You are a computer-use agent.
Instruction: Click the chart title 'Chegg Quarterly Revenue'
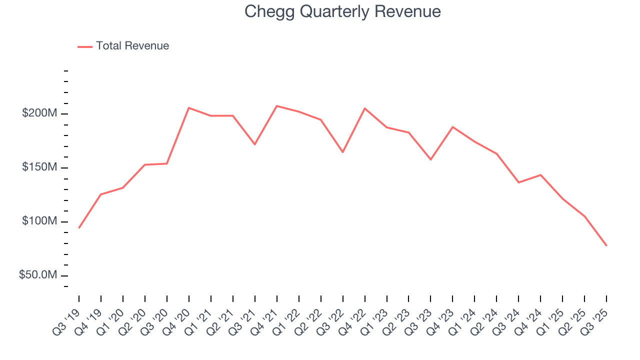pyautogui.click(x=342, y=11)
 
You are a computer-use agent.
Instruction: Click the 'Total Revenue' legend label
pyautogui.click(x=132, y=46)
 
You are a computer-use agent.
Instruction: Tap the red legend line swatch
pyautogui.click(x=85, y=46)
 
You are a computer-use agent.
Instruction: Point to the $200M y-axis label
pyautogui.click(x=39, y=113)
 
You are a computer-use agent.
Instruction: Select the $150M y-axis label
pyautogui.click(x=39, y=167)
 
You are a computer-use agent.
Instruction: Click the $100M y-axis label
pyautogui.click(x=39, y=221)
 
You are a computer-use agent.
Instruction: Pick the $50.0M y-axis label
pyautogui.click(x=38, y=275)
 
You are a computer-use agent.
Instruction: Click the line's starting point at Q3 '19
pyautogui.click(x=79, y=228)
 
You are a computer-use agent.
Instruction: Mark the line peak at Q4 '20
pyautogui.click(x=189, y=107)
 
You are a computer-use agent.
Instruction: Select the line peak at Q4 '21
pyautogui.click(x=277, y=106)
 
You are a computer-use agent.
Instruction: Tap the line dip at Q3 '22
pyautogui.click(x=343, y=152)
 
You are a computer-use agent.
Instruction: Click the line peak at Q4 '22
pyautogui.click(x=365, y=108)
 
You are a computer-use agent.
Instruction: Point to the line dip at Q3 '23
pyautogui.click(x=431, y=159)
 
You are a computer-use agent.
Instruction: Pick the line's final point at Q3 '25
pyautogui.click(x=606, y=245)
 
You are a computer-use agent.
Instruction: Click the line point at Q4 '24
pyautogui.click(x=540, y=175)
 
